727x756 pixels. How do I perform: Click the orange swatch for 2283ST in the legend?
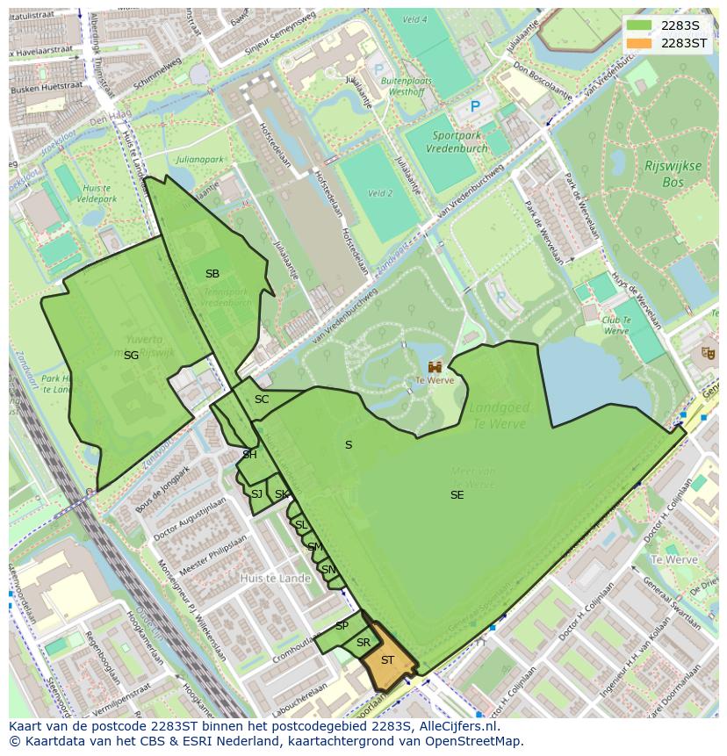pyautogui.click(x=640, y=43)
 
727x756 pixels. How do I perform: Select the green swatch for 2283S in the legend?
pyautogui.click(x=640, y=25)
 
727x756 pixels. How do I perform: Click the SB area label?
pyautogui.click(x=212, y=274)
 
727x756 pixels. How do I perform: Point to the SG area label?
pyautogui.click(x=131, y=355)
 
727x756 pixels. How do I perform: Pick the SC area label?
pyautogui.click(x=262, y=400)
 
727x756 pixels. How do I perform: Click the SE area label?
pyautogui.click(x=457, y=495)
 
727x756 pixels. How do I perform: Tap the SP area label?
pyautogui.click(x=342, y=626)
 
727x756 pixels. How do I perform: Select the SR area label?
pyautogui.click(x=363, y=643)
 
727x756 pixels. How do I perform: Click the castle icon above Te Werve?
pyautogui.click(x=435, y=366)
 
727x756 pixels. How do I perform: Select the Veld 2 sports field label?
pyautogui.click(x=379, y=193)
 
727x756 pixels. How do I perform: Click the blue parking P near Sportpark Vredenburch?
pyautogui.click(x=475, y=106)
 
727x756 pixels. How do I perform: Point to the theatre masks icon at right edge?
pyautogui.click(x=708, y=353)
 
